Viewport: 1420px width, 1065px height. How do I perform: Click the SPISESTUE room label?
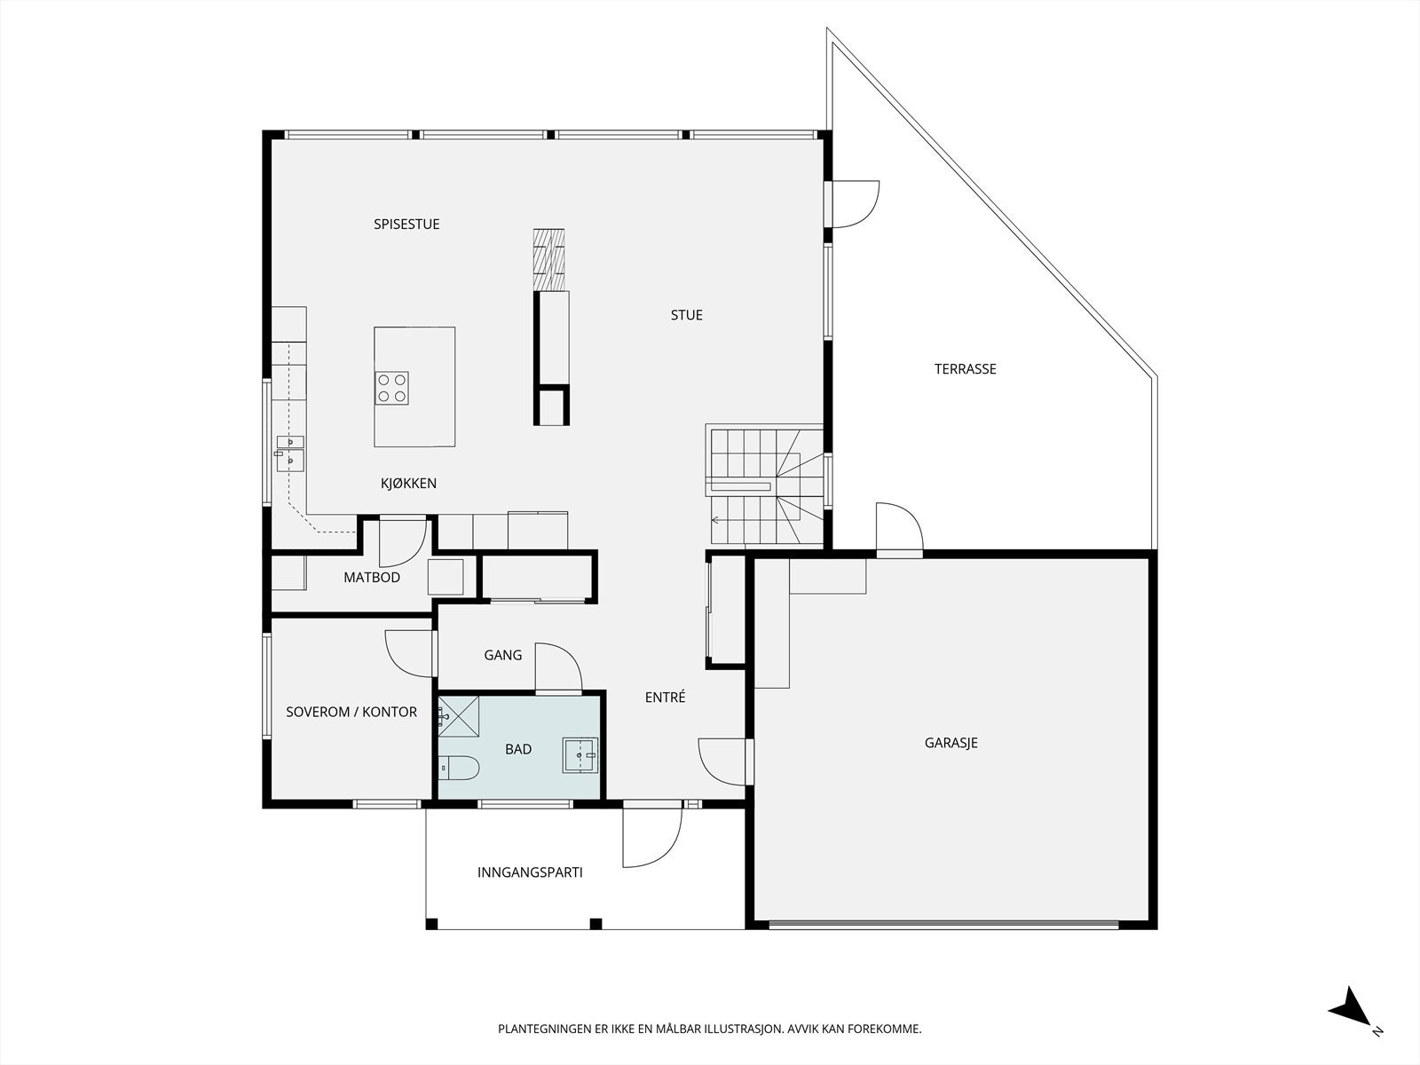[x=406, y=225]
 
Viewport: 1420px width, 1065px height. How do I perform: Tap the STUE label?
[x=686, y=315]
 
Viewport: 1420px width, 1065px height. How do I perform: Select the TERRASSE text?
[x=966, y=369]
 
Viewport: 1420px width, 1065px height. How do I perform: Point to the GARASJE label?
[x=951, y=743]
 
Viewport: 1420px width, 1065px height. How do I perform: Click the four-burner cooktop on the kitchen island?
[x=392, y=388]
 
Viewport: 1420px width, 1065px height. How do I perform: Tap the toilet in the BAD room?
[x=460, y=768]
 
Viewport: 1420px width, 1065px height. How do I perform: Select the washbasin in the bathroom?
[x=580, y=754]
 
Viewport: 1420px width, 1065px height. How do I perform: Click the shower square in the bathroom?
[x=459, y=716]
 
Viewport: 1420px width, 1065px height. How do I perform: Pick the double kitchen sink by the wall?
[x=290, y=454]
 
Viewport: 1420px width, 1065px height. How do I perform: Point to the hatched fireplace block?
[x=548, y=259]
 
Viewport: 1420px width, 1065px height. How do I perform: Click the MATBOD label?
[x=371, y=578]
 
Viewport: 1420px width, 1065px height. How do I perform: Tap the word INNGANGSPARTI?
[x=530, y=872]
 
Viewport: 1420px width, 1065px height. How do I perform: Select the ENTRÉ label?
[x=665, y=697]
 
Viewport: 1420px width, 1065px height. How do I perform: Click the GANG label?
[x=502, y=655]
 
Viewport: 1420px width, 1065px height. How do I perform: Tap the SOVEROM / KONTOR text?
[x=351, y=712]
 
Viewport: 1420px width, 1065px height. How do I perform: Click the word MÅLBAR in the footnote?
[x=679, y=1029]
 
